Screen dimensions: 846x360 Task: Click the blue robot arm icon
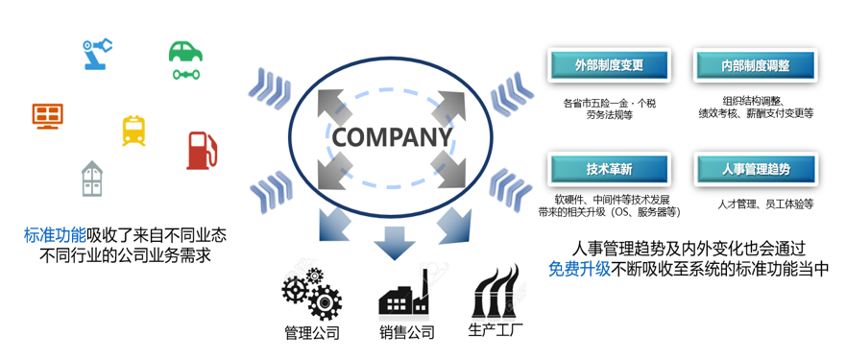[x=98, y=54]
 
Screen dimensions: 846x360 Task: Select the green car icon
[x=185, y=60]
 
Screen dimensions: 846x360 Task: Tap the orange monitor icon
[x=47, y=116]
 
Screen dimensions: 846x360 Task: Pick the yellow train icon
[x=133, y=131]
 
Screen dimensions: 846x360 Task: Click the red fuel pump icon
[x=202, y=151]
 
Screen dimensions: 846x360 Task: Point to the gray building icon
[x=92, y=179]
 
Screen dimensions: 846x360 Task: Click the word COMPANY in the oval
[x=391, y=137]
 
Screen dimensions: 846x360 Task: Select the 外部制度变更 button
[x=609, y=66]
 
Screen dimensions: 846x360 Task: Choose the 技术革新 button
[x=609, y=169]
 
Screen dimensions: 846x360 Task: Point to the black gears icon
[x=312, y=293]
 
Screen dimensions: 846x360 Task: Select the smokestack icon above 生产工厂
[x=496, y=291]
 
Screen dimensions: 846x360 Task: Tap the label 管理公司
[x=312, y=332]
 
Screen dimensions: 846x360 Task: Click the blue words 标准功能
[x=55, y=235]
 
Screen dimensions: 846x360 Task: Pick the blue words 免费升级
[x=579, y=268]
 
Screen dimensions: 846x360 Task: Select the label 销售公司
[x=406, y=331]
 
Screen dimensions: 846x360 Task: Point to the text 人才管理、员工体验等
[x=765, y=204]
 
